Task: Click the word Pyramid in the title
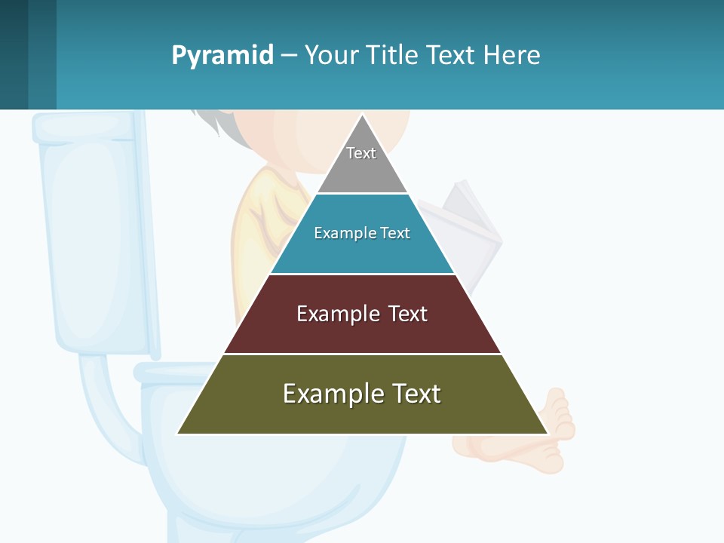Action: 222,56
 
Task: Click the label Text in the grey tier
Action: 361,153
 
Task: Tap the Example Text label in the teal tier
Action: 362,233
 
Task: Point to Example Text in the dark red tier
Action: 362,314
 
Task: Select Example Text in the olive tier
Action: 362,394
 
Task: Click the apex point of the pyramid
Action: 363,116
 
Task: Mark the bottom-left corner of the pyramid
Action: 178,433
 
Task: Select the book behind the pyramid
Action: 472,226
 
